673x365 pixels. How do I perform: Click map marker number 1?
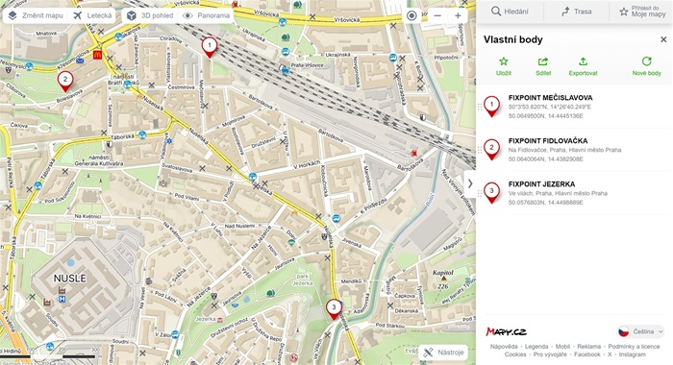[x=210, y=44]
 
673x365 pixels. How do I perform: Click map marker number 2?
[x=64, y=80]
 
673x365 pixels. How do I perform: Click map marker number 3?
[x=333, y=308]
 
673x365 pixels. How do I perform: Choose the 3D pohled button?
[x=149, y=15]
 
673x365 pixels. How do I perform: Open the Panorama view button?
[x=207, y=15]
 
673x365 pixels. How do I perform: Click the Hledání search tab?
[x=511, y=12]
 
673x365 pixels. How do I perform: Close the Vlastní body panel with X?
[x=662, y=39]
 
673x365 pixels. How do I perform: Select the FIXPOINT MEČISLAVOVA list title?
[x=550, y=98]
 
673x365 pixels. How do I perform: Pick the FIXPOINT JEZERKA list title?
[x=541, y=183]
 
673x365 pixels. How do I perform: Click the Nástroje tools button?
[x=444, y=353]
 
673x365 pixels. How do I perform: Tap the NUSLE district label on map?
[x=68, y=278]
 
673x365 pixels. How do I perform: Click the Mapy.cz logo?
[x=506, y=331]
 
